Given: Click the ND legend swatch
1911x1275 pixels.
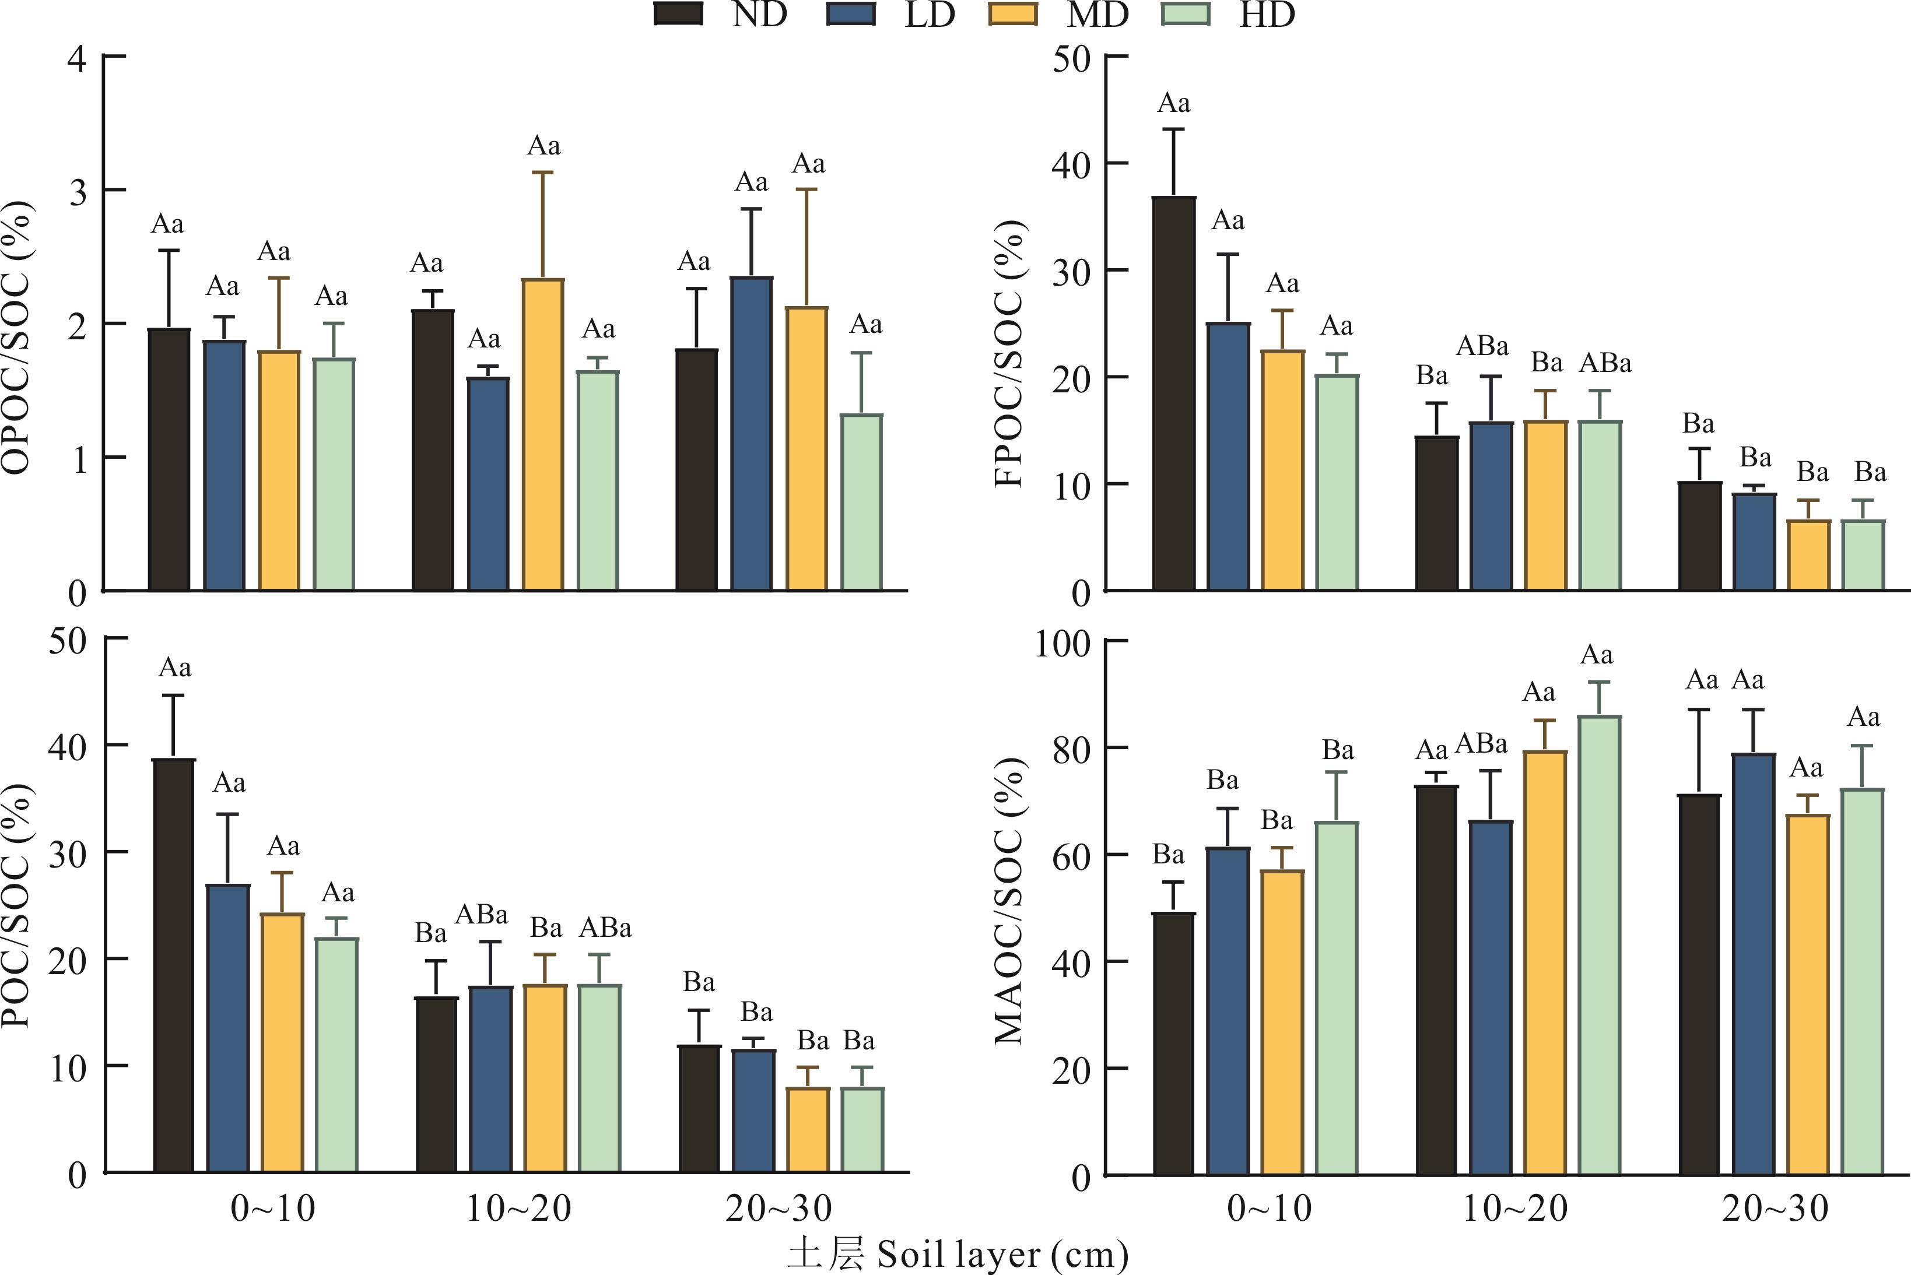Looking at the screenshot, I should (678, 15).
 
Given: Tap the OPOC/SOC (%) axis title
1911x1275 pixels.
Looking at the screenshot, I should (18, 338).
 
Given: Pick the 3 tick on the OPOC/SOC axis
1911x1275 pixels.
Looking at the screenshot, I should (78, 191).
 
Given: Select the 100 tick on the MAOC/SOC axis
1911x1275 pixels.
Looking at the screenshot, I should (1062, 644).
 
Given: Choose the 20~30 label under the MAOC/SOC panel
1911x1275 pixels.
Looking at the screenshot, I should (1775, 1209).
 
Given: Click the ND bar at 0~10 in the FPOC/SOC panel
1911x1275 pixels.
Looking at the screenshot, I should (1174, 394).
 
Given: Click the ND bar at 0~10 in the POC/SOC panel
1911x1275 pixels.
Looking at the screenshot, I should (174, 966).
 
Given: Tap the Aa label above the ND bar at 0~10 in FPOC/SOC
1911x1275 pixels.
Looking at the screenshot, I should (1173, 103).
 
